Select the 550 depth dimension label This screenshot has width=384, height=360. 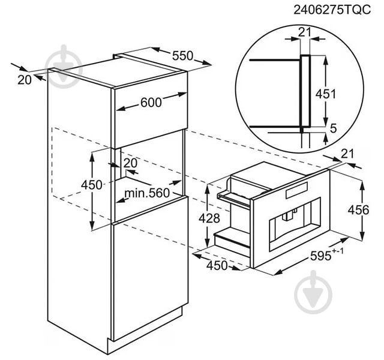click(182, 56)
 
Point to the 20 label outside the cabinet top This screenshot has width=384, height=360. click(23, 79)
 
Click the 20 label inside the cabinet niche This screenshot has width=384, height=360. click(130, 163)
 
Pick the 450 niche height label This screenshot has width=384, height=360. click(92, 185)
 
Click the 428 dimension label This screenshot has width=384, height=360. click(209, 218)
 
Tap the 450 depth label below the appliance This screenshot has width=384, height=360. click(217, 265)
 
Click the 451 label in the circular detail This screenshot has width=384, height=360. click(326, 93)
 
